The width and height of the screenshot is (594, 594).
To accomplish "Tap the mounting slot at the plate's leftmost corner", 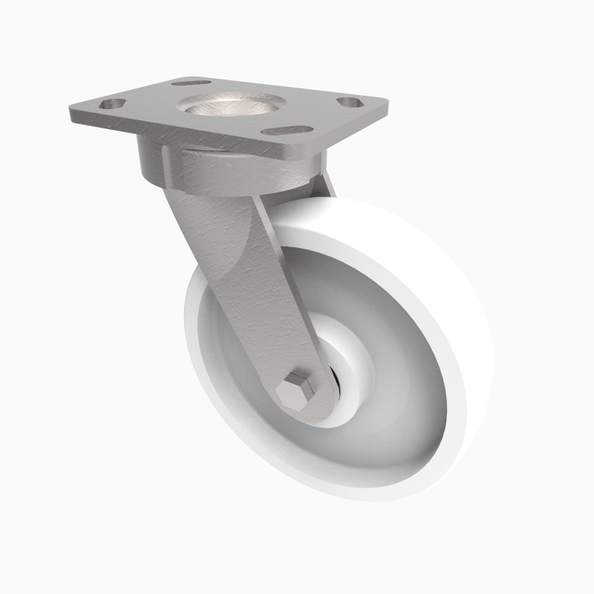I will coord(112,105).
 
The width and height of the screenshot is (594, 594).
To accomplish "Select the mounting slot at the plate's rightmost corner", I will coord(350,102).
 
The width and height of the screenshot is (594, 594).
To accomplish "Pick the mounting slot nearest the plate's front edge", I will coord(287,131).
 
